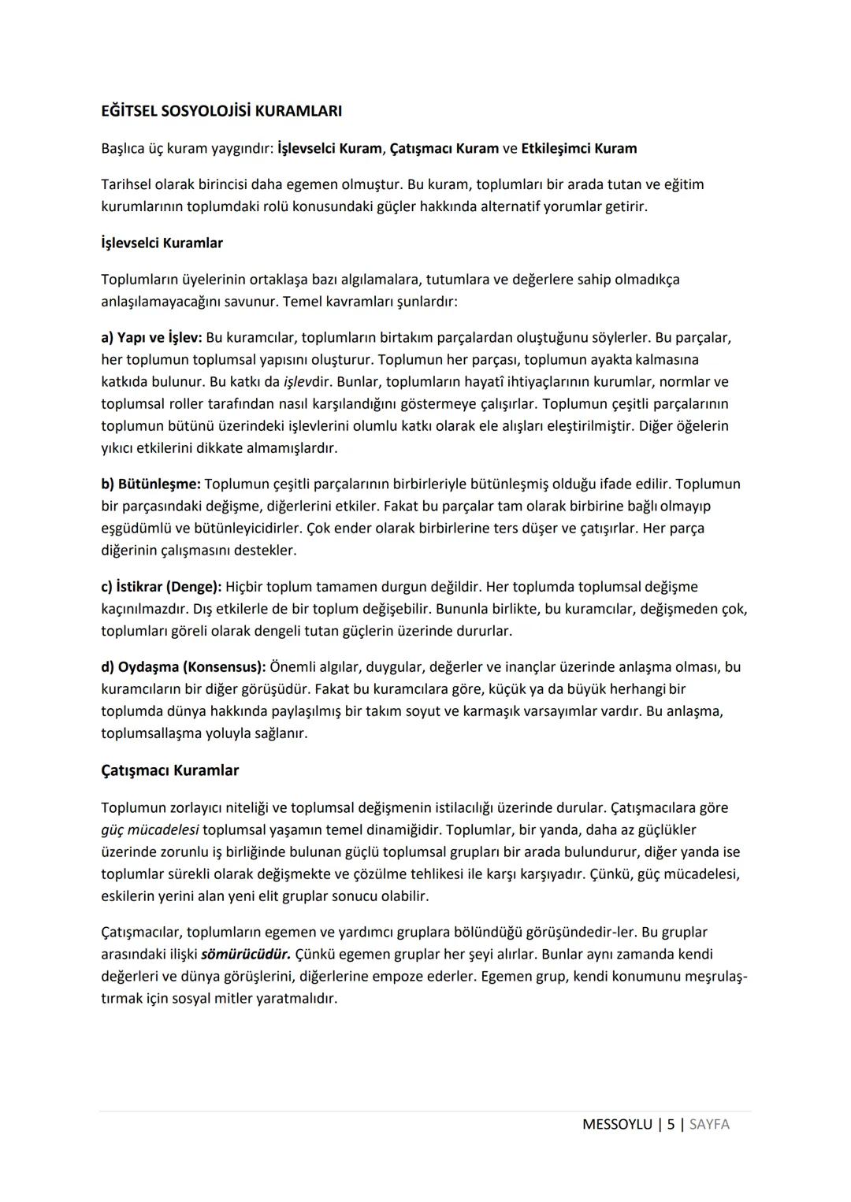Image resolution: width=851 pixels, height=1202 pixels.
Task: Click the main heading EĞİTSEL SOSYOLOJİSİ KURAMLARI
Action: coord(221,111)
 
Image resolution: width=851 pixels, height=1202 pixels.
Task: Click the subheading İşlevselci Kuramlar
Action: coord(162,243)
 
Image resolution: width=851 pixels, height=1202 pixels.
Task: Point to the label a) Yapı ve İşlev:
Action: coord(151,338)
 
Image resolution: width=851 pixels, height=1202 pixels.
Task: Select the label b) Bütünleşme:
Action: coord(151,484)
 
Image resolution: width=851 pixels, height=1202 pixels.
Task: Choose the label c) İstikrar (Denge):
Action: coord(162,587)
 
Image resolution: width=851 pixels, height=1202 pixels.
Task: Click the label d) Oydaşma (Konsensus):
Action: coord(183,667)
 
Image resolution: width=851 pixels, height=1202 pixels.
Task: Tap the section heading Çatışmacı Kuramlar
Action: coord(169,770)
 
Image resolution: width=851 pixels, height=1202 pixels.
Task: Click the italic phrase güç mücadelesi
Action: coord(150,830)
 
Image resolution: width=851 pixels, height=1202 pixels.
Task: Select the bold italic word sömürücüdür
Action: coord(246,955)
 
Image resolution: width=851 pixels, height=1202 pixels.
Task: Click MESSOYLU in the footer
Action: coord(617,1125)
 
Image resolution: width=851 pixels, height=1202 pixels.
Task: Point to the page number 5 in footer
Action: coord(671,1125)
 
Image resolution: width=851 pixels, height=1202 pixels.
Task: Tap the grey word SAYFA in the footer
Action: coord(709,1125)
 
